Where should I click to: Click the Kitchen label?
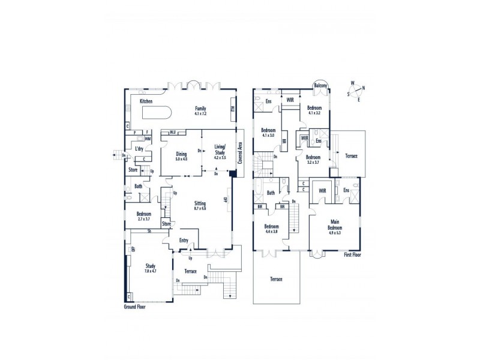pos(146,101)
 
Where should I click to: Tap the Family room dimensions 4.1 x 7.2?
pos(200,113)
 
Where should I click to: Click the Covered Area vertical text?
pos(240,154)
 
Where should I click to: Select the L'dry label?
pos(138,148)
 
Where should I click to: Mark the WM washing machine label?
pos(148,139)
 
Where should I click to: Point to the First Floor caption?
pos(354,254)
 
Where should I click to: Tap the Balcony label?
pos(321,86)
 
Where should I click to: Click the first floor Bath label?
pos(271,193)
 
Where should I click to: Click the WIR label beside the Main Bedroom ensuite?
pos(322,190)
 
